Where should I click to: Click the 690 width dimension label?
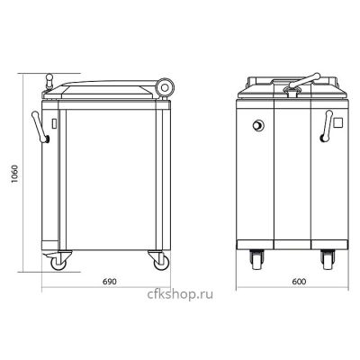click(109, 282)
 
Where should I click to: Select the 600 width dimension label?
click(299, 282)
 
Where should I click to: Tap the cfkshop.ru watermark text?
click(180, 294)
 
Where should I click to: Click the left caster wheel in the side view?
click(58, 264)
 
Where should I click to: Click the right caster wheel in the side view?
click(161, 263)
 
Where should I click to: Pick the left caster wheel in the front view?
click(256, 260)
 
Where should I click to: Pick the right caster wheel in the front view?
click(328, 260)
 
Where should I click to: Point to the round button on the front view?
click(258, 125)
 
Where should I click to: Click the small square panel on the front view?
click(338, 122)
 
